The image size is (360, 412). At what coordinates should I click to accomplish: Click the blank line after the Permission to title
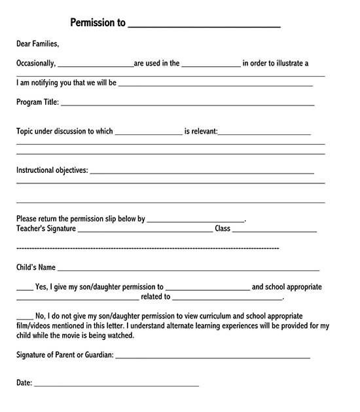204,26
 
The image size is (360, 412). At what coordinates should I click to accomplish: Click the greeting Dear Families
37,44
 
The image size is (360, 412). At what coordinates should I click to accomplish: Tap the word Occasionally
35,64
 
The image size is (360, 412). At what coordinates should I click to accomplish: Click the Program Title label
37,102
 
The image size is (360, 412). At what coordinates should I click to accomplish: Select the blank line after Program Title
187,104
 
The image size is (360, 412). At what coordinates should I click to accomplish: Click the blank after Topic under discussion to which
148,134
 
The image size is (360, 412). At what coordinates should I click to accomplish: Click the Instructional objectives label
52,170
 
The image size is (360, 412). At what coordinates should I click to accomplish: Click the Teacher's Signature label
46,229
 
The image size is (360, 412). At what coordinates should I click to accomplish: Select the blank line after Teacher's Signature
145,232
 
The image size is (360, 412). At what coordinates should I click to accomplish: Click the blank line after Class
274,232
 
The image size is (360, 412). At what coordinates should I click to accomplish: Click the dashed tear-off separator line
147,248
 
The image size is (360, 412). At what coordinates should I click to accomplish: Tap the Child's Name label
36,267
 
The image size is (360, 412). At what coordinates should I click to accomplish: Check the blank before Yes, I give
24,289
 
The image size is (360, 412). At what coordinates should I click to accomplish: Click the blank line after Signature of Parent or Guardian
212,358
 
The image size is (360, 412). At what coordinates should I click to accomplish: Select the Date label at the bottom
24,383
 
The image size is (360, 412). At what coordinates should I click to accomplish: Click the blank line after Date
116,385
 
